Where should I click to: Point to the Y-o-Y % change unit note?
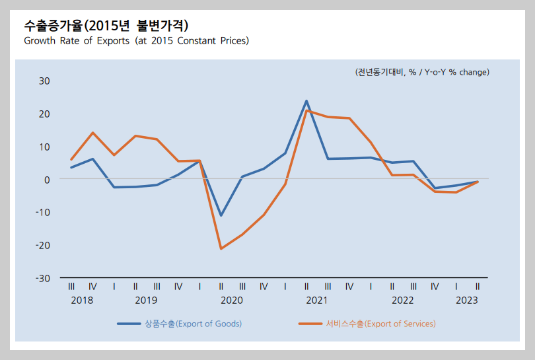422,72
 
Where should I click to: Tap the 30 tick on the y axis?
44,81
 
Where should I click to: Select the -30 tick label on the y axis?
43,278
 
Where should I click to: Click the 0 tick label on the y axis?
47,179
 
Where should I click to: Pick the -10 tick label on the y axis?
43,212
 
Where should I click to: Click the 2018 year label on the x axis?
82,300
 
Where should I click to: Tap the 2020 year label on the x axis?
231,300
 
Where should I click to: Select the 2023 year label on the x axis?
467,300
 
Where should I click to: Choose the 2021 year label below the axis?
317,300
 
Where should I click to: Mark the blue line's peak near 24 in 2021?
306,101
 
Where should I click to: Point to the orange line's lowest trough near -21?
221,248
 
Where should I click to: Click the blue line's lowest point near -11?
221,215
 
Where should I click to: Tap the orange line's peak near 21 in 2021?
306,110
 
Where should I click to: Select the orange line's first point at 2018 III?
71,159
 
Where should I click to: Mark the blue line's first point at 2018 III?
71,167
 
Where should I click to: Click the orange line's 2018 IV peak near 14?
92,133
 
